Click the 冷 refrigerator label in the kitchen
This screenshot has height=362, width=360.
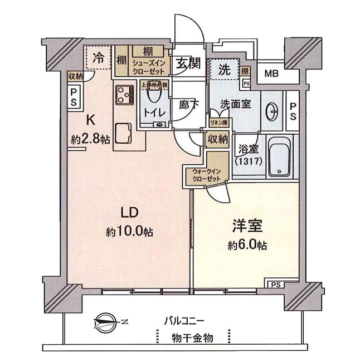[x=99, y=56]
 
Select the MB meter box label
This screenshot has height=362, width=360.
[x=271, y=73]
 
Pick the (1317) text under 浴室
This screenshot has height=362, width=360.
[x=247, y=162]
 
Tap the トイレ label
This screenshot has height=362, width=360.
[x=154, y=112]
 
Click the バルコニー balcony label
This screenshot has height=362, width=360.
[x=185, y=321]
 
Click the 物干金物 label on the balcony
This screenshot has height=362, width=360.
[x=192, y=337]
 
